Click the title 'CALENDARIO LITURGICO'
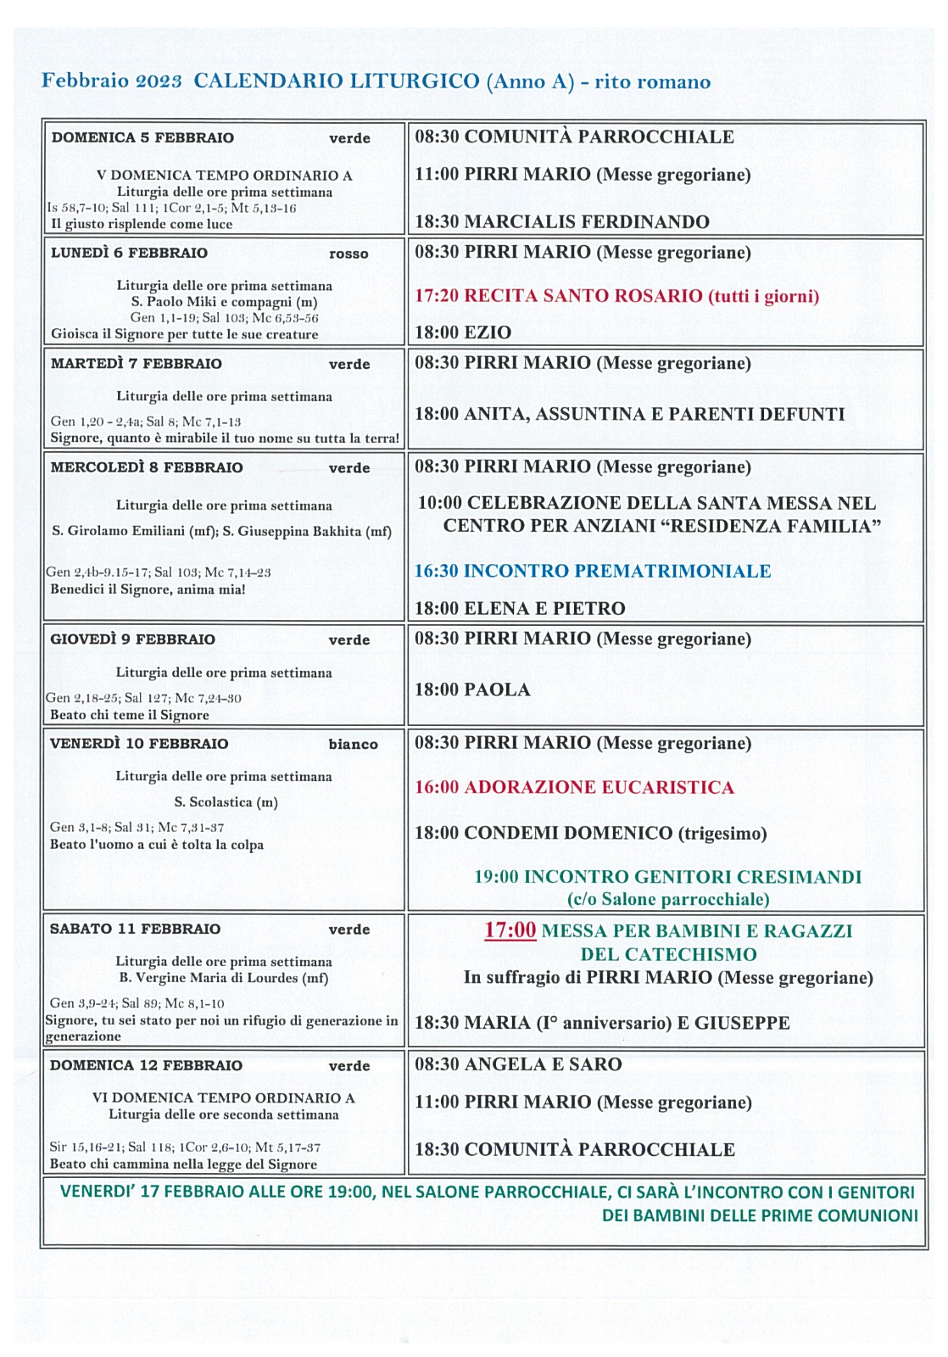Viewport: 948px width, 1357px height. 336,81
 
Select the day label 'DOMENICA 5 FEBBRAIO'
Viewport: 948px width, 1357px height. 142,137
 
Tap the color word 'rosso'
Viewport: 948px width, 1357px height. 349,254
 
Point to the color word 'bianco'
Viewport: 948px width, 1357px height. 353,745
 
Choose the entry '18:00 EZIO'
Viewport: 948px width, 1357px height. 462,332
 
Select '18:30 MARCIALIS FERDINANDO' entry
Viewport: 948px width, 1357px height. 561,222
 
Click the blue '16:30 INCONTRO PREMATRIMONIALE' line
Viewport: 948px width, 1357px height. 592,571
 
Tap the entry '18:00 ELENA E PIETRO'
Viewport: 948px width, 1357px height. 519,608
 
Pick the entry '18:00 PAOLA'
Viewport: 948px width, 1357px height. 471,690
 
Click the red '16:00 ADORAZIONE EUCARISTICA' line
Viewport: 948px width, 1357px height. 573,787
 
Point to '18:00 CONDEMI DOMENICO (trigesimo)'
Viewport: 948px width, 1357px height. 590,833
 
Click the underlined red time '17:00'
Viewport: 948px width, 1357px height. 510,930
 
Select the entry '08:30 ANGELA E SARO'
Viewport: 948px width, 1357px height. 517,1064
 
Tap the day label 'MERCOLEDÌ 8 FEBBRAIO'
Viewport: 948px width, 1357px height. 146,467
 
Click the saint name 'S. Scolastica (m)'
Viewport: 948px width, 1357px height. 226,802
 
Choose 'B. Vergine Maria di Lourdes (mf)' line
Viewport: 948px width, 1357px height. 223,978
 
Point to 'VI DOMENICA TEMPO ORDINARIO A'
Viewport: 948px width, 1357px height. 223,1097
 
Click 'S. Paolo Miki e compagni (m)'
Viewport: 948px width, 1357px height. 224,302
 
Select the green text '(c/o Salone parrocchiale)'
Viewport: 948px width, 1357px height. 667,899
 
